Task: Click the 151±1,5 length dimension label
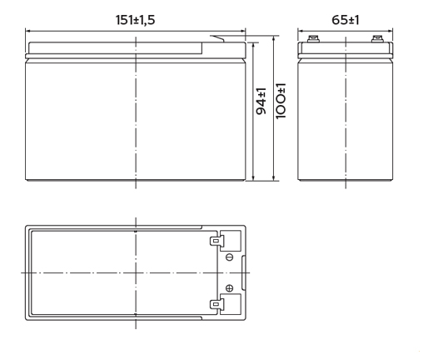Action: coord(135,20)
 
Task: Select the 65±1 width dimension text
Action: coord(346,20)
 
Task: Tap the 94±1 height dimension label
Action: coord(261,101)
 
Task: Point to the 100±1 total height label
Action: coord(281,101)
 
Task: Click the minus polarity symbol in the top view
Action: coord(229,257)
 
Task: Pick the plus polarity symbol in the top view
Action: coord(229,288)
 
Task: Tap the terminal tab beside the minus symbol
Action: coord(216,241)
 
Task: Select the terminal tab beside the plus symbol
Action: coord(216,304)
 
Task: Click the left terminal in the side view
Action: coord(313,39)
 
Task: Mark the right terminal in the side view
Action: coord(377,39)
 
